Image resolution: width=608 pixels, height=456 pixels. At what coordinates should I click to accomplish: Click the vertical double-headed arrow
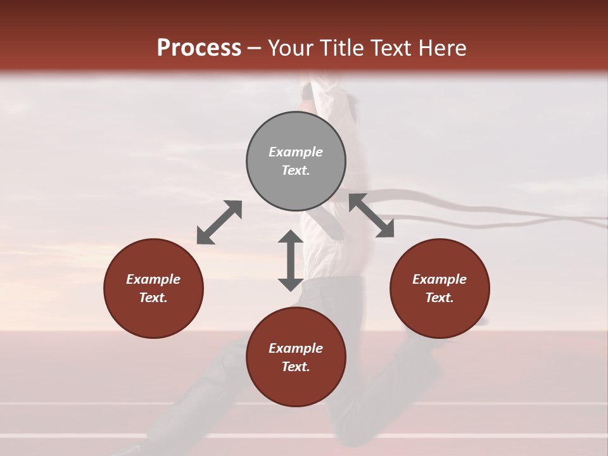(x=291, y=260)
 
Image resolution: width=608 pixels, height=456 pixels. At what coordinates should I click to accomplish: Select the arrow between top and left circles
(x=219, y=222)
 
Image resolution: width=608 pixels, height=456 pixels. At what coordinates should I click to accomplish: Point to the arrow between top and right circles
(x=371, y=215)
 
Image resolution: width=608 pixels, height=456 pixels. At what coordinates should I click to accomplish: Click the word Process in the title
(x=199, y=48)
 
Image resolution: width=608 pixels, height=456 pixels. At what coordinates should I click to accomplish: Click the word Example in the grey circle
(x=296, y=152)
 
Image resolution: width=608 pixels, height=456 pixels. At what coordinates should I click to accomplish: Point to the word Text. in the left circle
(x=153, y=298)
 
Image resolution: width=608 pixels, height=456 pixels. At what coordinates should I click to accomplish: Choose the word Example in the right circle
(x=440, y=279)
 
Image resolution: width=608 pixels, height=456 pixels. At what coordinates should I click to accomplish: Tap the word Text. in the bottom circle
(x=296, y=367)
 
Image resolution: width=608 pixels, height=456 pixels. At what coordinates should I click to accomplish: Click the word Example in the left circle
(x=153, y=279)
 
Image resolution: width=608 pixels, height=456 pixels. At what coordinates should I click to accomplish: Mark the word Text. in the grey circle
(x=296, y=170)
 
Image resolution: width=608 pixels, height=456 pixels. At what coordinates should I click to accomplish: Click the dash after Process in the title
(x=255, y=49)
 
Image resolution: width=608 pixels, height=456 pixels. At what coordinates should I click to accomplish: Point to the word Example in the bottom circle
(x=296, y=348)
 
